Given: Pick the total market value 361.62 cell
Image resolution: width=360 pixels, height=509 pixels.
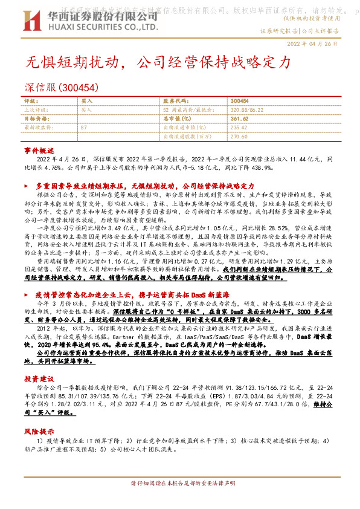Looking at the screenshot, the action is pos(239,119).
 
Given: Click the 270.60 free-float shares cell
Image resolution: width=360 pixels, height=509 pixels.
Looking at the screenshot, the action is pos(239,137).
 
